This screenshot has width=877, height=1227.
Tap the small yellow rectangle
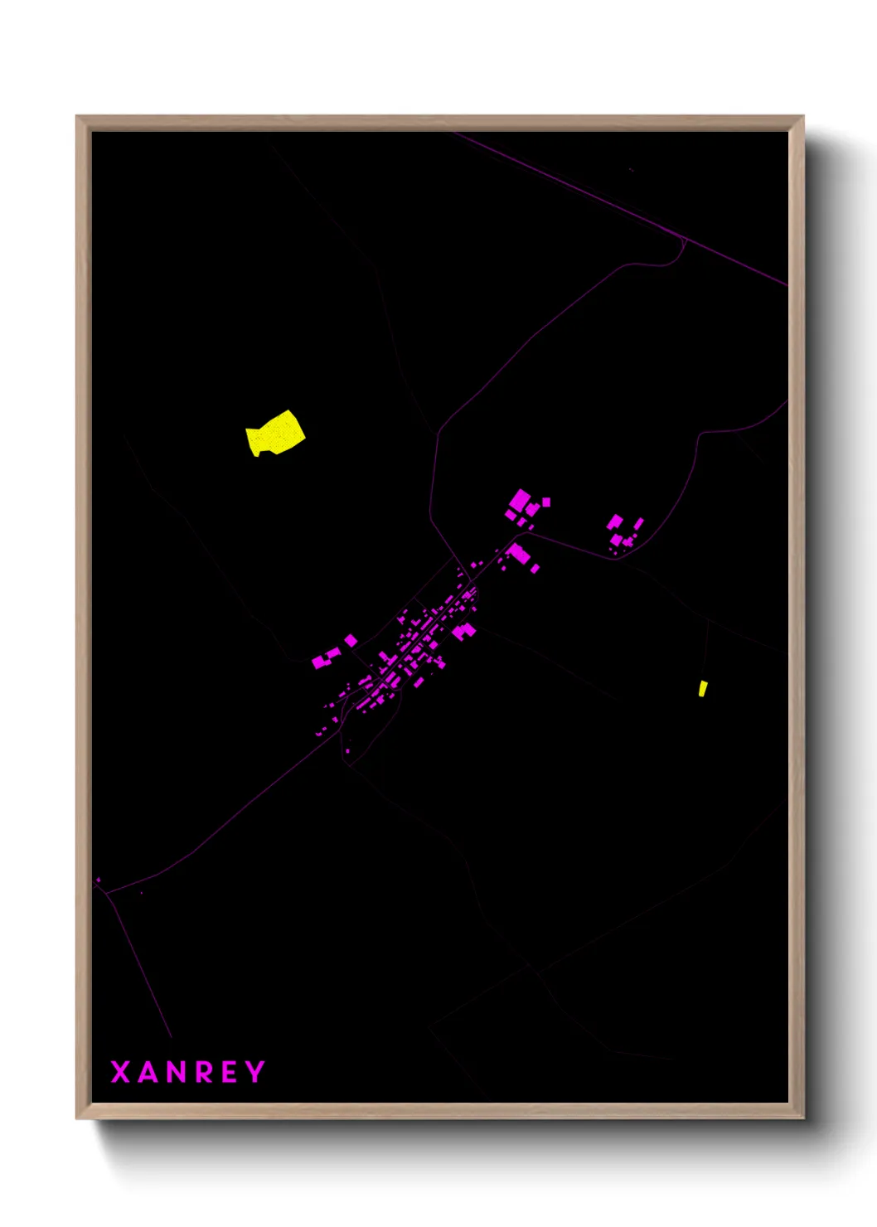[x=703, y=688]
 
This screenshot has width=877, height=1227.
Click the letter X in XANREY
[x=120, y=1072]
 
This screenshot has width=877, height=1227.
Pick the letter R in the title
[x=206, y=1072]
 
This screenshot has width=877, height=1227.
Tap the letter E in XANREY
[x=231, y=1072]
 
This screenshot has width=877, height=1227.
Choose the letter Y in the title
[x=256, y=1072]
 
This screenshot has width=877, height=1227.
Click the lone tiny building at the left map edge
[x=99, y=880]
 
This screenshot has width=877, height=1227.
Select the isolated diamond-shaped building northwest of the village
[x=351, y=640]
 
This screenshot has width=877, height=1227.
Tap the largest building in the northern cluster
[x=521, y=501]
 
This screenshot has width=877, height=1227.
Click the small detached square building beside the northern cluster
[x=546, y=502]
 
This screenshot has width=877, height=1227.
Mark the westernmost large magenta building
[x=320, y=662]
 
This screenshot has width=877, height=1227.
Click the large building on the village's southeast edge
[x=463, y=632]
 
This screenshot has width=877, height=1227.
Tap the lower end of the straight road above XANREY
[x=171, y=1036]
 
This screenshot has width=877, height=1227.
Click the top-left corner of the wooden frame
[x=77, y=117]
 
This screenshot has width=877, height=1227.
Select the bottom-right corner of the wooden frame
[x=802, y=1118]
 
